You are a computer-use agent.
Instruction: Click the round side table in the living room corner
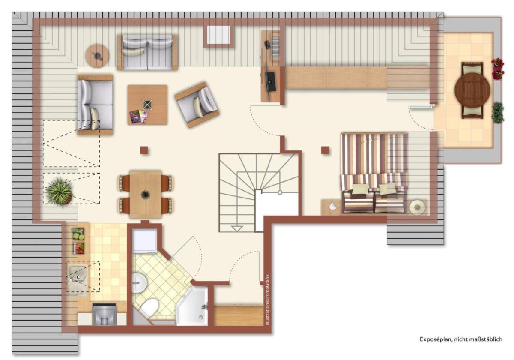pos(97,56)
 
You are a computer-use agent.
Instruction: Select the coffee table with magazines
pos(147,105)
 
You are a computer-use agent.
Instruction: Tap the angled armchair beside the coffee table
pos(197,105)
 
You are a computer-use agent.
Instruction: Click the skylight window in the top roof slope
pos(218,36)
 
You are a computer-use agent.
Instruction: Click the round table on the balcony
pos(472,90)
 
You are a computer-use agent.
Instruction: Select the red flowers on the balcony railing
pos(498,69)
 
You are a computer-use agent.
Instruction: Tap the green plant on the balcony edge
pos(497,112)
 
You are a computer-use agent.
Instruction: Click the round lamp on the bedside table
pos(417,207)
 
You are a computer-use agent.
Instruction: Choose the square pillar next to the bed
pos(325,150)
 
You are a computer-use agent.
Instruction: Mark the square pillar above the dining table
pos(144,150)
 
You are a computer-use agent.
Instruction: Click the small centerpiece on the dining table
pos(146,194)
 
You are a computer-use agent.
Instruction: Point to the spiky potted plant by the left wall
pos(60,191)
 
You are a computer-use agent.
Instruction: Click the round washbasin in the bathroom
pos(138,283)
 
